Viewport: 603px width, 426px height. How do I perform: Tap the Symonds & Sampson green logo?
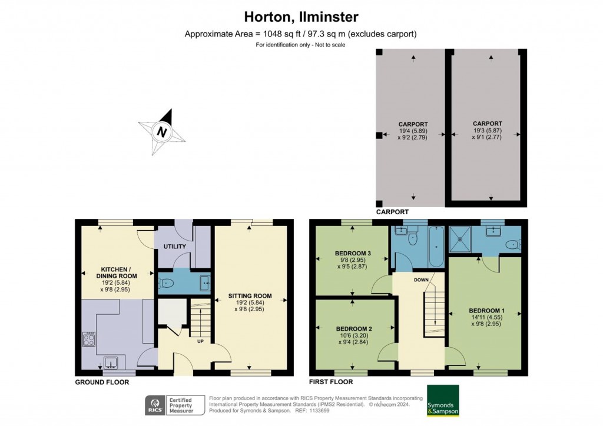[x=443, y=401]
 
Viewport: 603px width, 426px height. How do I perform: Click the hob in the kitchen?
[x=88, y=340]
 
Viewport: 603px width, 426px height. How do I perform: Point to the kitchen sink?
[x=111, y=362]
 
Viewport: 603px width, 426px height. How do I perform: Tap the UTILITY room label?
[x=174, y=247]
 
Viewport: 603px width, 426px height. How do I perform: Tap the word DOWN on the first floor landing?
[x=420, y=279]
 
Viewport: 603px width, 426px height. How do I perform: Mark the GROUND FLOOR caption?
[x=102, y=382]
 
